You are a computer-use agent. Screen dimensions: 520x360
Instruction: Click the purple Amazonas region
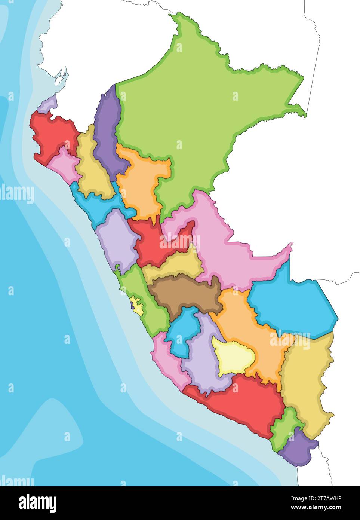pyautogui.click(x=107, y=135)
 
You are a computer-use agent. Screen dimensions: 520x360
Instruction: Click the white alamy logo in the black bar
pyautogui.click(x=37, y=503)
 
